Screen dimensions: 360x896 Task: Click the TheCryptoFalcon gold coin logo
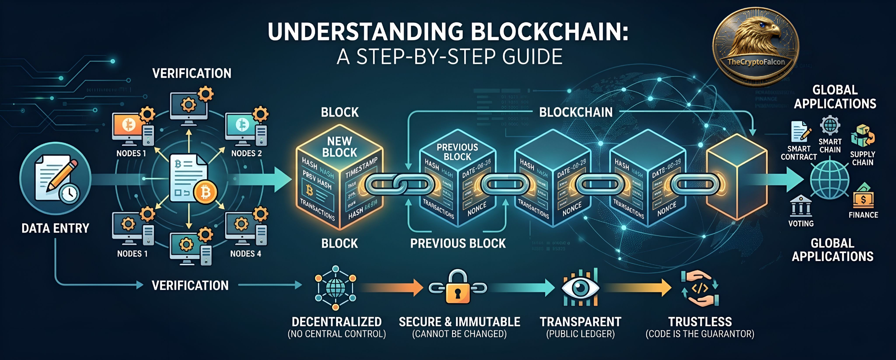click(756, 47)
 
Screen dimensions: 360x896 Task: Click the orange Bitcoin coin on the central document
click(205, 192)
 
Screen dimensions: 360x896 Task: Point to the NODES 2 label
click(246, 153)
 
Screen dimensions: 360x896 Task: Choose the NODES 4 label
click(246, 253)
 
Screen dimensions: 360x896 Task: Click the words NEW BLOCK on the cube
click(339, 147)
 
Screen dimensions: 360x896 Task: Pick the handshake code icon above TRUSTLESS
click(700, 289)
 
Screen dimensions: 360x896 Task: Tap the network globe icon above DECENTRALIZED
click(335, 288)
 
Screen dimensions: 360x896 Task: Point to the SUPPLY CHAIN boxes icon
click(862, 136)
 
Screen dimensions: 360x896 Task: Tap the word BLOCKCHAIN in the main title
click(549, 32)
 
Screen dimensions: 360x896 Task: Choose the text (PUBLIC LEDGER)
click(580, 334)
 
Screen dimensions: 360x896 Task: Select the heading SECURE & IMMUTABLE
click(459, 322)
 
